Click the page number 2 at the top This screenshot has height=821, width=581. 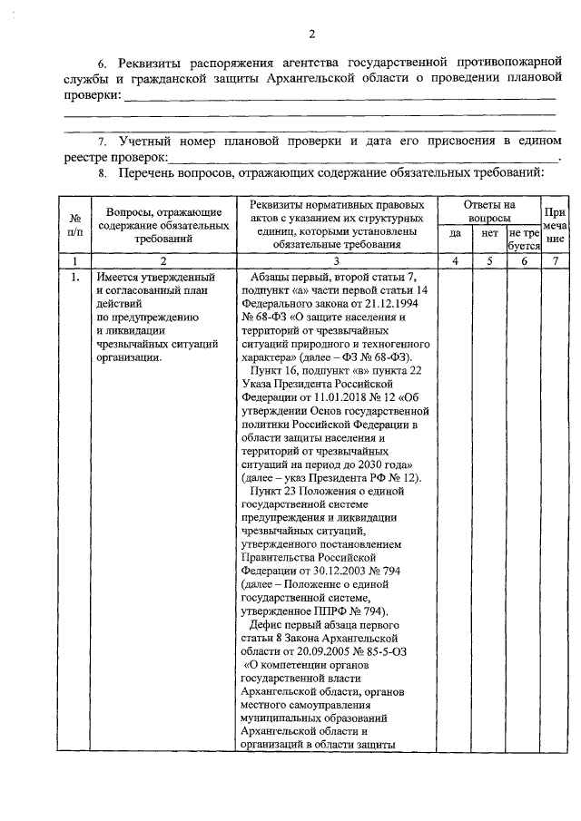[310, 35]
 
